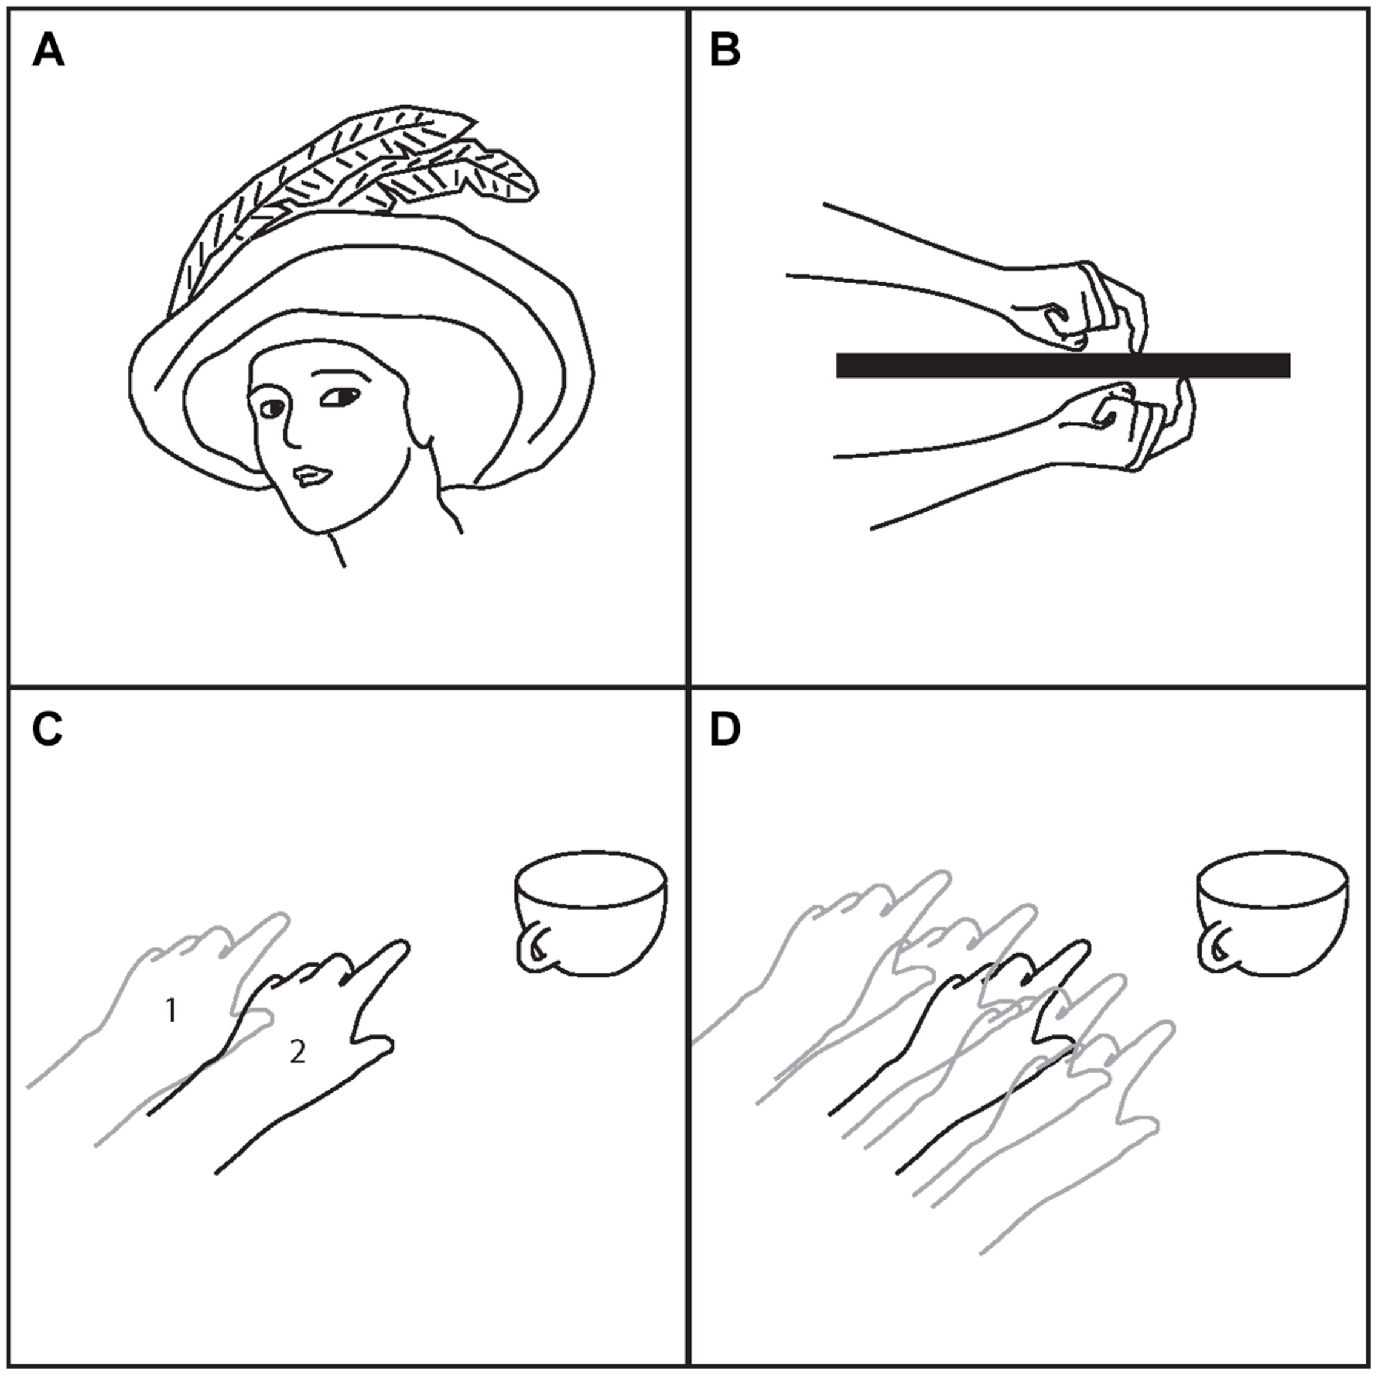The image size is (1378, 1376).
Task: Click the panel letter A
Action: click(x=48, y=52)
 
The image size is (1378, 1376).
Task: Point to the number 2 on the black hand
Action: click(x=297, y=1052)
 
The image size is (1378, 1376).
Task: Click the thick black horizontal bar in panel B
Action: click(x=1063, y=365)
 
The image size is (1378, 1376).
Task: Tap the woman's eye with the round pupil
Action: click(x=273, y=409)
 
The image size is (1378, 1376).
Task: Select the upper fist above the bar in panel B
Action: click(x=1084, y=306)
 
